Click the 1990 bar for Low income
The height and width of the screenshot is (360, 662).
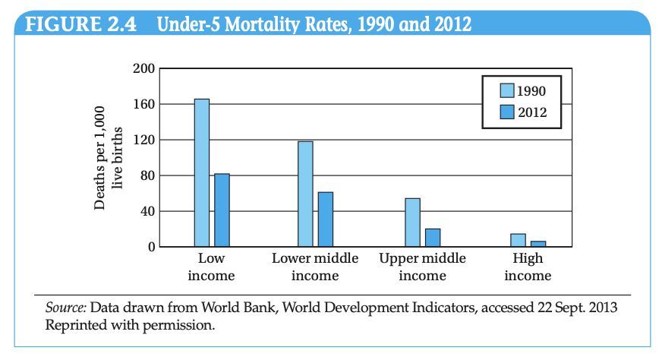click(x=201, y=172)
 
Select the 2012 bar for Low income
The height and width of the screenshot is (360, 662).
click(x=222, y=210)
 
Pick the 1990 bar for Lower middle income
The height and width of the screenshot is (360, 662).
click(x=305, y=194)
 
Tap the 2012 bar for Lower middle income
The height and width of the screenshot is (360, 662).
click(x=326, y=219)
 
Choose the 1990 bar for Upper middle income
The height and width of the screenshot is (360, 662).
click(x=412, y=223)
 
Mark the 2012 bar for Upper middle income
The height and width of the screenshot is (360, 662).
click(x=433, y=238)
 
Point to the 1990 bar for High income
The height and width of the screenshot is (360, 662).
click(x=518, y=240)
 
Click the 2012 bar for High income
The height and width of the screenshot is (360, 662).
click(x=538, y=244)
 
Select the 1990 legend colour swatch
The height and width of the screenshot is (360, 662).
click(x=507, y=91)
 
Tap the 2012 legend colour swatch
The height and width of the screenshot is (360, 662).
click(x=507, y=112)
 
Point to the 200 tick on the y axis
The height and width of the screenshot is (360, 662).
click(x=144, y=69)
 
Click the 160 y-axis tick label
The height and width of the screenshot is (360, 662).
click(x=144, y=105)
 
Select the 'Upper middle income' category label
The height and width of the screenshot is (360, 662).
click(x=422, y=267)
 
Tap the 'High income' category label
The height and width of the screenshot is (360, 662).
click(x=528, y=267)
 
